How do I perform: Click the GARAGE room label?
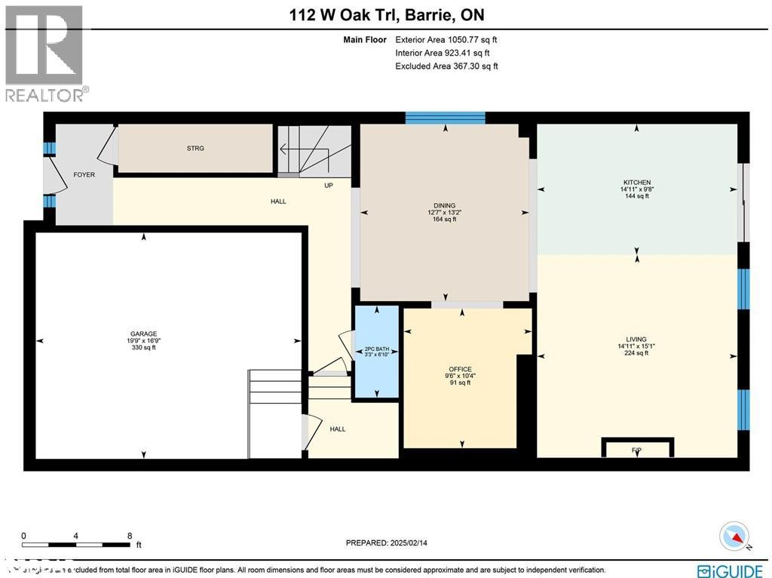(142, 334)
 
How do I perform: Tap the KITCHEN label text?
(636, 183)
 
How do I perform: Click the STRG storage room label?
(195, 149)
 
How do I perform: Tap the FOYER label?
(84, 175)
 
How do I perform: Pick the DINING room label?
(444, 206)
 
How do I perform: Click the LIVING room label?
(636, 340)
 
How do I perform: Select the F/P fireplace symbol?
(636, 450)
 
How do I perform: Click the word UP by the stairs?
(329, 185)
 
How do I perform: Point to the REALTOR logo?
(45, 53)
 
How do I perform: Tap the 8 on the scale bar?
(130, 535)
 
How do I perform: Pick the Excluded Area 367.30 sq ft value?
(446, 66)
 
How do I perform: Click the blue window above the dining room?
(445, 117)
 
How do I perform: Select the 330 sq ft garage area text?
(142, 347)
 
